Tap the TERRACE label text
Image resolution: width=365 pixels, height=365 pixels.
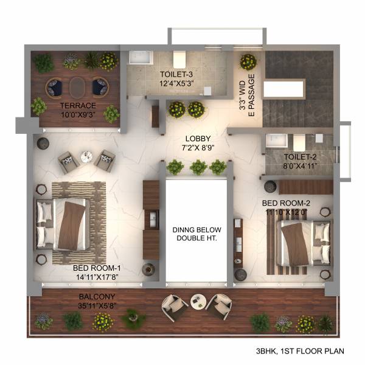[x=76, y=105]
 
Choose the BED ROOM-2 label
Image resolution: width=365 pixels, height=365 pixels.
[x=287, y=203]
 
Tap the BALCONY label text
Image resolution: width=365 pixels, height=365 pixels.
[x=94, y=297]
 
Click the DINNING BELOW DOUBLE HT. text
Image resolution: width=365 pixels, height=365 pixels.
[x=197, y=234]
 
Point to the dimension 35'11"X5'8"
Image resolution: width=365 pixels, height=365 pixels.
[x=94, y=306]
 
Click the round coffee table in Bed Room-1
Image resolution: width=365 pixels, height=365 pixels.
[x=86, y=157]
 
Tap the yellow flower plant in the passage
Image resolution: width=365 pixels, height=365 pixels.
[x=248, y=61]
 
